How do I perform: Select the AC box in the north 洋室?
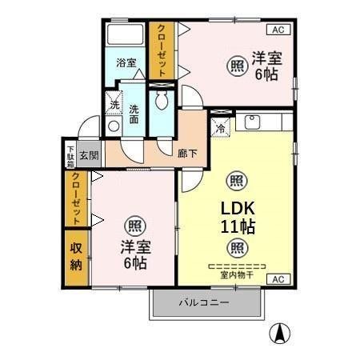pyautogui.click(x=278, y=30)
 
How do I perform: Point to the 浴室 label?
pyautogui.click(x=126, y=62)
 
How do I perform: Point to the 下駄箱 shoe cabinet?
pyautogui.click(x=70, y=154)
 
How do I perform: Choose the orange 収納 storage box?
pyautogui.click(x=76, y=258)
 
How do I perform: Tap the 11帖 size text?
pyautogui.click(x=237, y=226)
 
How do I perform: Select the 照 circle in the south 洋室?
pyautogui.click(x=135, y=225)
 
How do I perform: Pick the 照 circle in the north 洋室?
pyautogui.click(x=237, y=66)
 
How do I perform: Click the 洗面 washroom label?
pyautogui.click(x=134, y=114)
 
